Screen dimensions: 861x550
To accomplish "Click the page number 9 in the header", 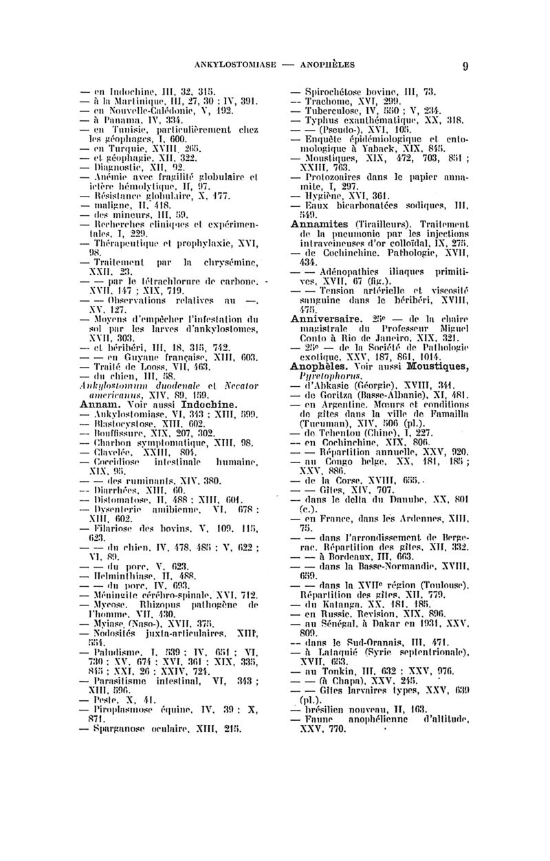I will pyautogui.click(x=465, y=66).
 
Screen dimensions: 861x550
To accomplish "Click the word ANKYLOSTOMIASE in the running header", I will pyautogui.click(x=234, y=65).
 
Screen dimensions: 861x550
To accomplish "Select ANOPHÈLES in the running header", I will pyautogui.click(x=325, y=65).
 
